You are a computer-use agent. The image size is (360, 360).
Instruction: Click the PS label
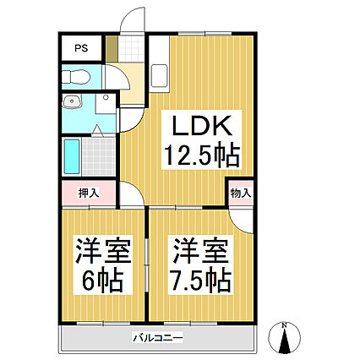pos(81,48)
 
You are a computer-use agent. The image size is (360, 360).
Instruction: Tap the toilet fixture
pos(76,77)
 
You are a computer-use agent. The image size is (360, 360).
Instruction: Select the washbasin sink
pos(73,101)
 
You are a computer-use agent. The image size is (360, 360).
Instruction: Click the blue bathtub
pos(72,156)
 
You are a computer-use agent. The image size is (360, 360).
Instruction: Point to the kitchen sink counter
pos(159,64)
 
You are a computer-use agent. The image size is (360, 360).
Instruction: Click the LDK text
pos(202,126)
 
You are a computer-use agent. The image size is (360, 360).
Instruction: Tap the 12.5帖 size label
pos(202,155)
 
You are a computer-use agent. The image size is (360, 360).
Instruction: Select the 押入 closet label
pos(89,193)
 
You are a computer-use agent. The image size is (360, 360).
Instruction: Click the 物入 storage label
pos(241,194)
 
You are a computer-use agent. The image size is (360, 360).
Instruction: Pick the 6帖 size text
pos(103,281)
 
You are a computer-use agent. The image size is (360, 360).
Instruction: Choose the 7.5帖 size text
pos(201,281)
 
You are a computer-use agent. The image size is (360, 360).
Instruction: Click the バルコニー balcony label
pos(158,337)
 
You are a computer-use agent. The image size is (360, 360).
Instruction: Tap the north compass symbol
pos(285,337)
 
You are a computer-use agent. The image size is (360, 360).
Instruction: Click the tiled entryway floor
pos(130,48)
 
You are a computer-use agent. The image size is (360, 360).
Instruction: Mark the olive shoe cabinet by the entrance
pos(112,48)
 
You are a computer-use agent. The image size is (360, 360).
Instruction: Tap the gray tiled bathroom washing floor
pos(99,156)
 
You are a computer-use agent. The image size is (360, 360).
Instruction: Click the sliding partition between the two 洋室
pos(146,265)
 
